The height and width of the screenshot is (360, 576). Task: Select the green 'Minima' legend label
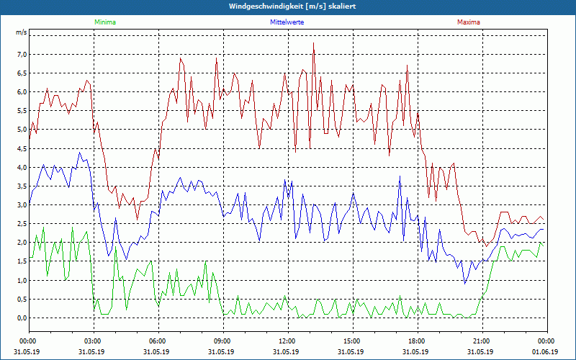[x=104, y=22]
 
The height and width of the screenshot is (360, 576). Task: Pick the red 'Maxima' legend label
[x=468, y=22]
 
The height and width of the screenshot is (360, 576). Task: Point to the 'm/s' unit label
[x=22, y=33]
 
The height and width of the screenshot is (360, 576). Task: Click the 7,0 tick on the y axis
[x=22, y=55]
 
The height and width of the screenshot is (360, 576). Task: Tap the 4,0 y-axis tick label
[x=22, y=168]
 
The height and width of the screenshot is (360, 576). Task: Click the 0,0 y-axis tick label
[x=22, y=318]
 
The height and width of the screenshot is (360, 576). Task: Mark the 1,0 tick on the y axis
[x=22, y=281]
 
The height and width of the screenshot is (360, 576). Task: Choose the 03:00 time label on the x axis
[x=93, y=341]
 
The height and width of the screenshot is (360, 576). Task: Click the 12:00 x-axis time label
[x=287, y=341]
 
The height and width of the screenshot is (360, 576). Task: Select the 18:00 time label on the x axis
[x=417, y=341]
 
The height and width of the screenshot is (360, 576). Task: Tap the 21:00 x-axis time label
[x=482, y=341]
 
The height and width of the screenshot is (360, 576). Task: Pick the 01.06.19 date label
[x=546, y=352]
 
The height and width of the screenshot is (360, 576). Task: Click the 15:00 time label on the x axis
[x=352, y=341]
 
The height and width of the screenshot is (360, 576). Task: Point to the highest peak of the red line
[x=314, y=43]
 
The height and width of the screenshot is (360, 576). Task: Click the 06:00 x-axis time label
[x=158, y=341]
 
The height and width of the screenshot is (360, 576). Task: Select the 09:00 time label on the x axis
[x=222, y=341]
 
